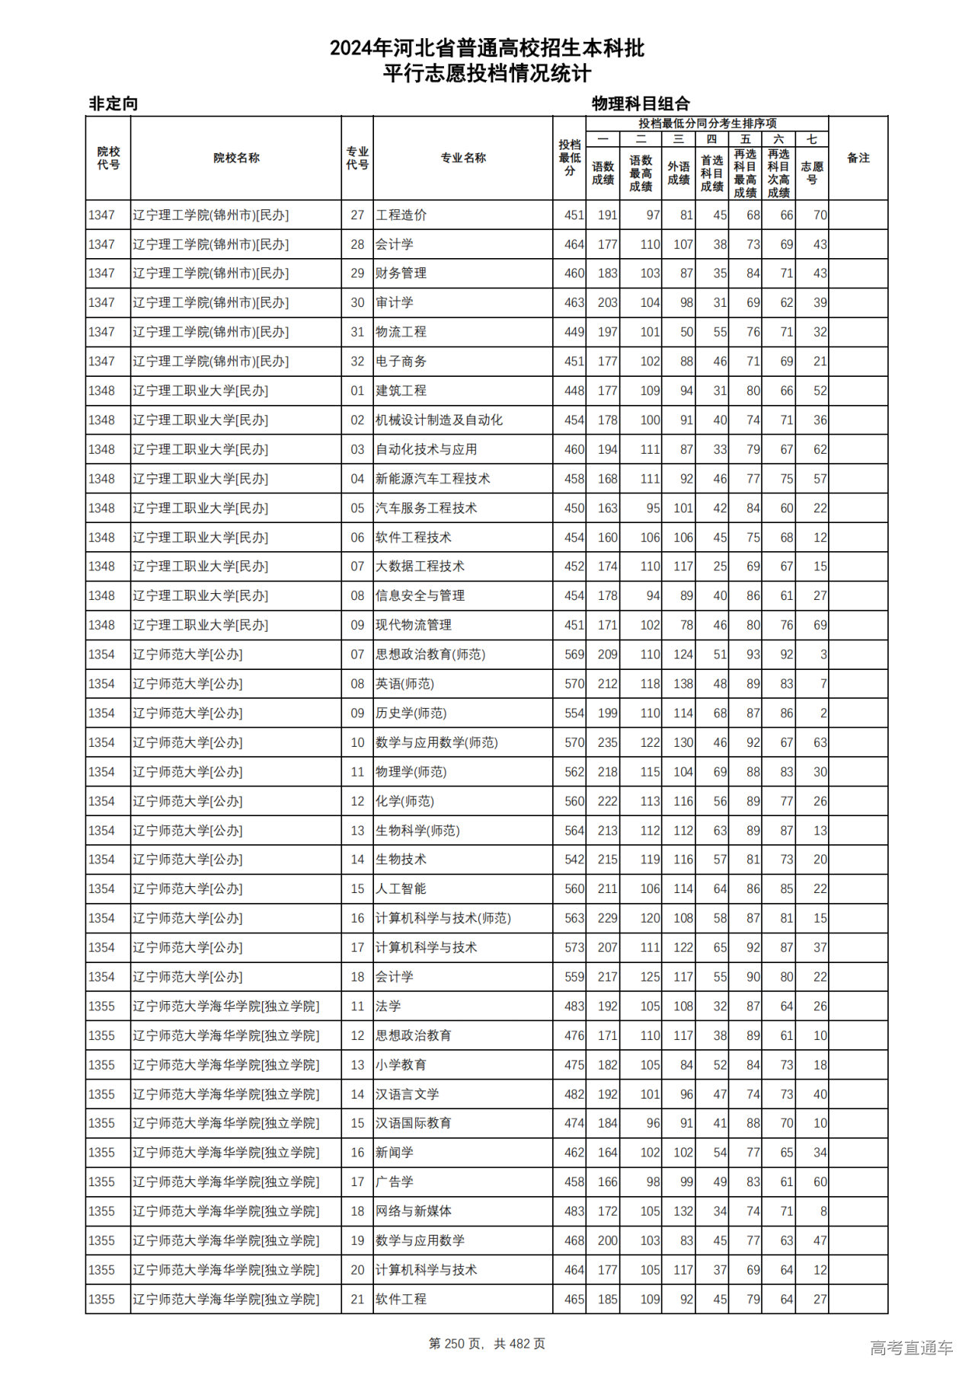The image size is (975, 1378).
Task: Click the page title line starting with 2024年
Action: click(x=487, y=49)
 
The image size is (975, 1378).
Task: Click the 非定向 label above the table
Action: click(x=113, y=104)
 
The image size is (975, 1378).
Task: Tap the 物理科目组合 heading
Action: click(x=641, y=104)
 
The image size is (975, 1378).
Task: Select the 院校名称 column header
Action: click(x=236, y=158)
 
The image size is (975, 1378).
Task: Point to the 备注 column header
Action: click(x=858, y=158)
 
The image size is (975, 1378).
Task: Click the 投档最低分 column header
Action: click(x=569, y=158)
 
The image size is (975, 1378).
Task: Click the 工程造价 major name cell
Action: click(x=401, y=215)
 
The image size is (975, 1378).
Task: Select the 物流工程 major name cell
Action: click(x=401, y=332)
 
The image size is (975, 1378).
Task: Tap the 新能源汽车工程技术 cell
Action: click(x=433, y=479)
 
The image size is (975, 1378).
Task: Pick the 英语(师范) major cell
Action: click(x=404, y=684)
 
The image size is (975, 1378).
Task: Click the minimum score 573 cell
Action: click(x=574, y=948)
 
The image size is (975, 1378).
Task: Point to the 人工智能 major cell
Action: click(x=401, y=889)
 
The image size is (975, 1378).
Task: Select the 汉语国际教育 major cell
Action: click(x=414, y=1124)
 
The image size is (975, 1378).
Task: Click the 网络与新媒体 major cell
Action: click(x=414, y=1211)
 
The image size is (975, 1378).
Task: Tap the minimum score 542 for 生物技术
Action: click(x=574, y=860)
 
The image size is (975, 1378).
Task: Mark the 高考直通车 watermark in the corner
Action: click(x=911, y=1348)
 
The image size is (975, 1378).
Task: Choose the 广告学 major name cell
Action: click(x=395, y=1182)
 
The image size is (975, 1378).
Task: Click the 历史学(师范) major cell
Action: click(x=411, y=713)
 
